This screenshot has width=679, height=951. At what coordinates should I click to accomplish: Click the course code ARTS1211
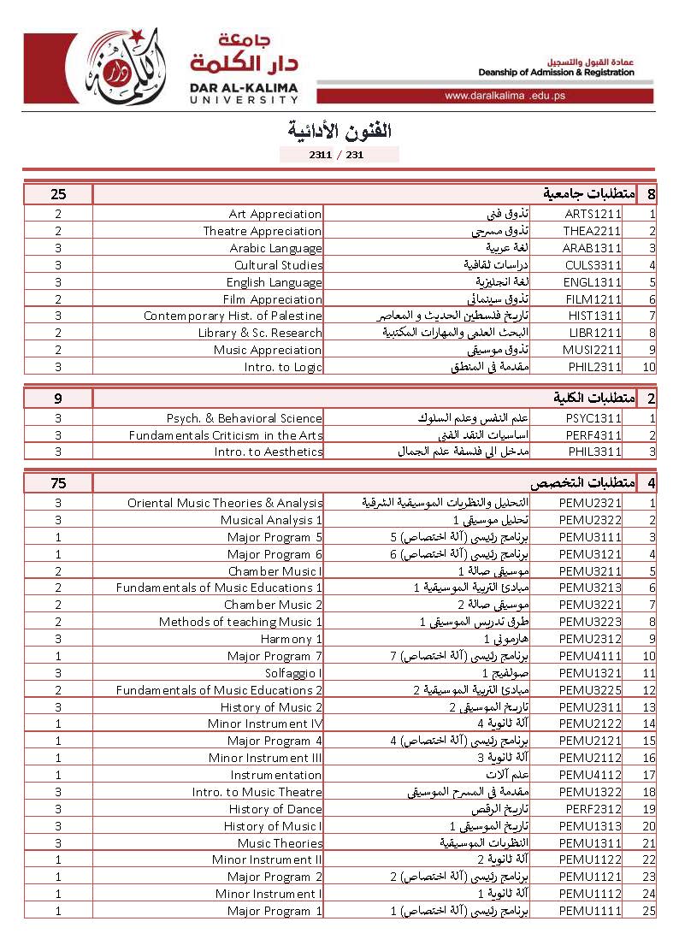point(593,214)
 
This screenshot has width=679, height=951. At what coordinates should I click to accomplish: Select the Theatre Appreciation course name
point(263,231)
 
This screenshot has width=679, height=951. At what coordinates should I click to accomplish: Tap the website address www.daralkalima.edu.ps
point(505,96)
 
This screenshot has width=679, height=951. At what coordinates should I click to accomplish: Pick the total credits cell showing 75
point(58,483)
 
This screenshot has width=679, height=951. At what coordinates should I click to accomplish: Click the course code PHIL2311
point(593,367)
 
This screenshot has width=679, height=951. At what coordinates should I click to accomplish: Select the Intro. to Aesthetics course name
point(269,452)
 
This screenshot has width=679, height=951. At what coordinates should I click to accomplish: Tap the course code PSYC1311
point(593,418)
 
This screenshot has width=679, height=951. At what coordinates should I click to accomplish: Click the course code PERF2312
point(593,809)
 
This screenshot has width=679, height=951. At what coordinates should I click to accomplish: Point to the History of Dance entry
point(275,809)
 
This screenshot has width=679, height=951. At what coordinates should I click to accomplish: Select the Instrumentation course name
point(276,775)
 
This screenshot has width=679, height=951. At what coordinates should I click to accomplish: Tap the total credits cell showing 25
point(58,194)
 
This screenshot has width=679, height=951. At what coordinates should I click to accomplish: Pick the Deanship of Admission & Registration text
point(556,73)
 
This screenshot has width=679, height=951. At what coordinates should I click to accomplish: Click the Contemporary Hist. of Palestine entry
point(233,316)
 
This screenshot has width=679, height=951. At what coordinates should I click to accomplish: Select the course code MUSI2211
point(593,350)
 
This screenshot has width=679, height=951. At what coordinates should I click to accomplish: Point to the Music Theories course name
point(280,843)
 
